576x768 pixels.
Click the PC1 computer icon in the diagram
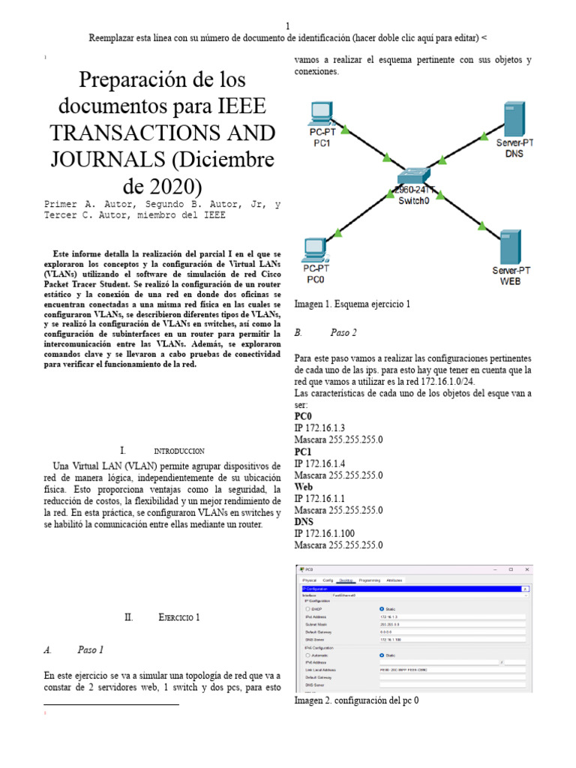click(321, 113)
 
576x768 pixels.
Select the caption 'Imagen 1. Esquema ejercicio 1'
click(352, 304)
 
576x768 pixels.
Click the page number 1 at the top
click(288, 24)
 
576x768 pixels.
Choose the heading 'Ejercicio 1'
click(179, 618)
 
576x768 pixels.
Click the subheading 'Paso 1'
click(90, 650)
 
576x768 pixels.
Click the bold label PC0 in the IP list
click(303, 415)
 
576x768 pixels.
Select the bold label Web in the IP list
click(304, 487)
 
